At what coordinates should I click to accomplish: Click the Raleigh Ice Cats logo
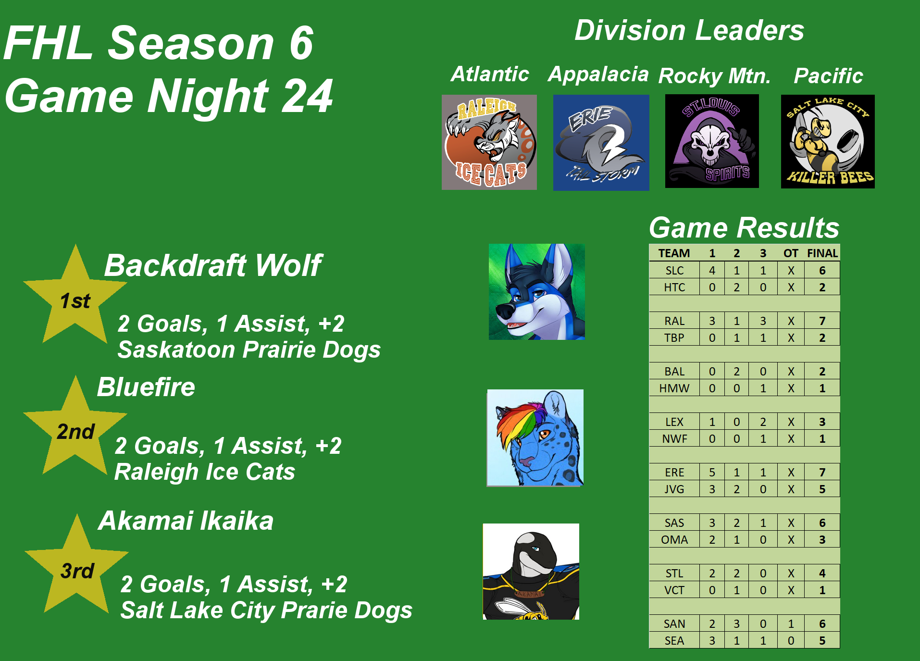[489, 142]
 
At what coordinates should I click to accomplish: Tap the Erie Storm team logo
[601, 143]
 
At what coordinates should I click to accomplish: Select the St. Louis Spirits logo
[712, 141]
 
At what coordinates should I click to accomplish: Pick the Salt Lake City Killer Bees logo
[828, 141]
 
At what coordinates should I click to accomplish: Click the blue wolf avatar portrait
[537, 292]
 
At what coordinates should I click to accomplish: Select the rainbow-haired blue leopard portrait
[535, 438]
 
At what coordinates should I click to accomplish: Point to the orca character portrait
[531, 572]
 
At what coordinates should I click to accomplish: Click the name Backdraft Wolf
[213, 265]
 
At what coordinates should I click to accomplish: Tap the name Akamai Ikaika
[186, 521]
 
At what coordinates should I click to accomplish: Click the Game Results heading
[744, 227]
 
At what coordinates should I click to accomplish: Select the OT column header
[791, 253]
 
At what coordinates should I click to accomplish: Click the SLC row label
[674, 271]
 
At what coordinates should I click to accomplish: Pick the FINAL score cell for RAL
[822, 321]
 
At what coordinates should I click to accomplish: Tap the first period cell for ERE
[712, 472]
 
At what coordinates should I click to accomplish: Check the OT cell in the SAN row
[791, 624]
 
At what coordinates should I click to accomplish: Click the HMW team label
[674, 388]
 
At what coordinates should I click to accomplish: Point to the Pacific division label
[829, 75]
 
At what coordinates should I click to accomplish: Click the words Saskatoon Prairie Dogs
[249, 349]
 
